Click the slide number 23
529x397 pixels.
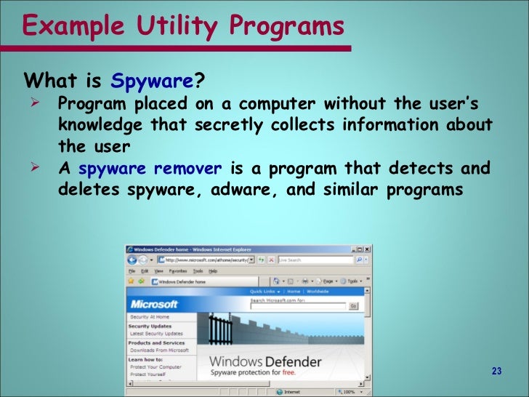tap(496, 372)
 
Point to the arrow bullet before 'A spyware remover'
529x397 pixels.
tap(33, 168)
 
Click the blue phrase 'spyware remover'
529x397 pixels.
tap(150, 169)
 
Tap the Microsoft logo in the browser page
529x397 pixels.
tap(153, 304)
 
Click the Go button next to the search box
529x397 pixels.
tap(353, 306)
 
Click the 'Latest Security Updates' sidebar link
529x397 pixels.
tap(157, 334)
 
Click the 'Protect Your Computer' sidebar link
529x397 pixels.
tap(156, 367)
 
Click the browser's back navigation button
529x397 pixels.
tap(133, 260)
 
